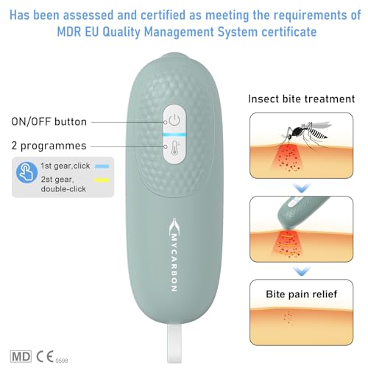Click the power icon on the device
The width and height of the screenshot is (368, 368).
pyautogui.click(x=174, y=120)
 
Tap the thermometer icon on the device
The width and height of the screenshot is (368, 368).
pyautogui.click(x=174, y=148)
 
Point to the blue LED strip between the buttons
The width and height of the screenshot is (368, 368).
pyautogui.click(x=174, y=135)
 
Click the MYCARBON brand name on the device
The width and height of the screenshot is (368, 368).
pyautogui.click(x=174, y=263)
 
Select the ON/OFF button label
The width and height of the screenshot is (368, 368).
pyautogui.click(x=49, y=121)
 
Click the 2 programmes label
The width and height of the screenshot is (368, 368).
pyautogui.click(x=49, y=146)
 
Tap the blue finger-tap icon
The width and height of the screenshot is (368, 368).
pyautogui.click(x=26, y=172)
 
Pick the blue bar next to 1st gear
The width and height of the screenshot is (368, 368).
pyautogui.click(x=102, y=166)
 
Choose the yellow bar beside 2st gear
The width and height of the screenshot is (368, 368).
pyautogui.click(x=102, y=180)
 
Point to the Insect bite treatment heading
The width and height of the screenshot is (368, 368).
pyautogui.click(x=301, y=99)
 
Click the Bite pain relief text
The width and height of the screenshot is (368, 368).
pyautogui.click(x=302, y=294)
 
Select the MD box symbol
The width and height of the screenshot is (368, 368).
pyautogui.click(x=21, y=356)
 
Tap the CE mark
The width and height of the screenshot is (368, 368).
pyautogui.click(x=45, y=356)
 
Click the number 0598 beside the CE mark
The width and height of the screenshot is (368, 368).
pyautogui.click(x=62, y=361)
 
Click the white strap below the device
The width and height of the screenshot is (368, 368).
pyautogui.click(x=174, y=343)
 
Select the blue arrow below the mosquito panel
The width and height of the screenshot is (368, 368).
pyautogui.click(x=302, y=188)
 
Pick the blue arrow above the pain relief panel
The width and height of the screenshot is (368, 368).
pyautogui.click(x=302, y=272)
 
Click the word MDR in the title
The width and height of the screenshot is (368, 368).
pyautogui.click(x=69, y=32)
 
